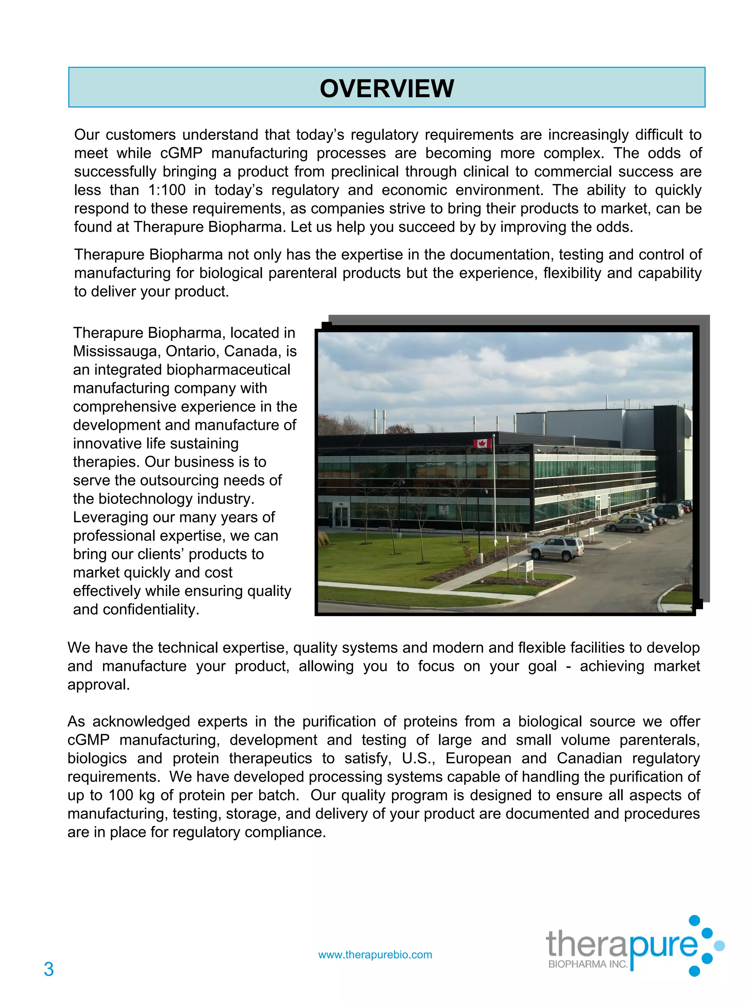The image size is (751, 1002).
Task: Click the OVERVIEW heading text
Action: pos(386,88)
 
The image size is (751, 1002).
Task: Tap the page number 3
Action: pos(49,969)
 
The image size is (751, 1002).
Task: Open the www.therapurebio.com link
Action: pos(375,954)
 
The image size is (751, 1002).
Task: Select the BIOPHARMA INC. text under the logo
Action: pos(587,964)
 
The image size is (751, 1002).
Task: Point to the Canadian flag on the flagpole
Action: pos(483,443)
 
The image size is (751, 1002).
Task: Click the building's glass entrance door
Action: pos(341,516)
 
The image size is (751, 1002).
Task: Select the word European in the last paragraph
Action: pos(478,758)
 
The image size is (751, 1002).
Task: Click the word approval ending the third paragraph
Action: pos(98,685)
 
